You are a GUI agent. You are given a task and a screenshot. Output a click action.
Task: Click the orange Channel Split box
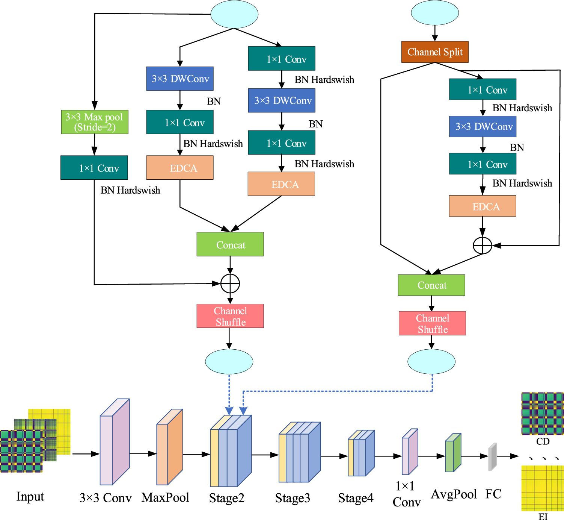tap(435, 52)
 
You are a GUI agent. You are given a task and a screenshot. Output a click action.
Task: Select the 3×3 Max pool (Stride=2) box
tap(95, 122)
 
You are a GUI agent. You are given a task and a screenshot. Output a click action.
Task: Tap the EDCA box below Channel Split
tap(483, 206)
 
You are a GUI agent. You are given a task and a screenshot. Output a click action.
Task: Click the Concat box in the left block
tap(230, 244)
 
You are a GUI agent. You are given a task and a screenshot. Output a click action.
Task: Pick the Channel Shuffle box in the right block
tap(432, 323)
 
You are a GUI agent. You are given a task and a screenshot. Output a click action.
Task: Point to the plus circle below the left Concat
tap(230, 283)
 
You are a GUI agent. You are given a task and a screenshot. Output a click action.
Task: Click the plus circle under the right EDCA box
tap(483, 246)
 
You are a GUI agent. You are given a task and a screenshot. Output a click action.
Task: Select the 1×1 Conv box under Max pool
tap(94, 168)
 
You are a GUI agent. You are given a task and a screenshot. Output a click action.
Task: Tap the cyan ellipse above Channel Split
tap(435, 13)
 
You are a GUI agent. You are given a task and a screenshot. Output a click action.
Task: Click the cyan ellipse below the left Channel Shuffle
tap(229, 362)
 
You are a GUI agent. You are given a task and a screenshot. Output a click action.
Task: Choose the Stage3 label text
tap(293, 498)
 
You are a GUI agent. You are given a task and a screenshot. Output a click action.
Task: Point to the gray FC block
tap(492, 457)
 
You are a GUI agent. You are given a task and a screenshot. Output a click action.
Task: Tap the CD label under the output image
tap(543, 441)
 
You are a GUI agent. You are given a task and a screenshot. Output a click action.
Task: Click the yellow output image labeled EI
tap(543, 488)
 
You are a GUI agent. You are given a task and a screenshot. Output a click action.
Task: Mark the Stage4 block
tap(361, 453)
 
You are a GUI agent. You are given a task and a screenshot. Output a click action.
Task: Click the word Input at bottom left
tap(30, 497)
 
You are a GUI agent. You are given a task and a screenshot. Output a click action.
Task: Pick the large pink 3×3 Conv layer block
tap(114, 444)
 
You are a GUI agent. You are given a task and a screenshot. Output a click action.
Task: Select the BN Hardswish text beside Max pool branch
tap(130, 190)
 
